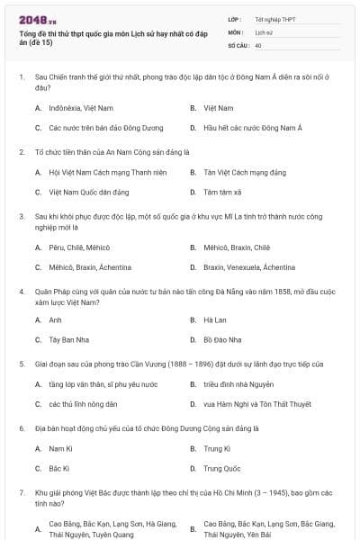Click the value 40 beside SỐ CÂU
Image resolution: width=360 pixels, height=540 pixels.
(258, 44)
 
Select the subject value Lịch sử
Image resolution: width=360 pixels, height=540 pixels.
(263, 31)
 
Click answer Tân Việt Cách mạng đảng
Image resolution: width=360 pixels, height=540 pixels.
(238, 171)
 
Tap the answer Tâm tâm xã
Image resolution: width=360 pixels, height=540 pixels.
(220, 192)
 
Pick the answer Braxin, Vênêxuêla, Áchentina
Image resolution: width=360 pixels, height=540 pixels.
(248, 267)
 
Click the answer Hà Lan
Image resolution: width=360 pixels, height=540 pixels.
(214, 319)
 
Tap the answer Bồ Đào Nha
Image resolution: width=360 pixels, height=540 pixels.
(221, 339)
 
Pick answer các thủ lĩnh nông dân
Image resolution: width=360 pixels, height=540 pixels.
(83, 404)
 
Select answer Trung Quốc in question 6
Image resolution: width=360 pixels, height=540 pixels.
(221, 468)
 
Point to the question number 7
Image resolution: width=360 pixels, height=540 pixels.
(21, 493)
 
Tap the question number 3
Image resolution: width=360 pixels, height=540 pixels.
(21, 216)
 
